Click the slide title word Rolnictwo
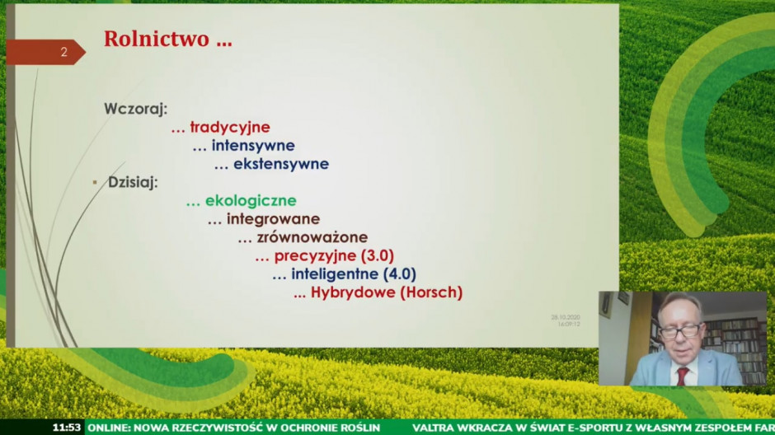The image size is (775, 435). click(157, 39)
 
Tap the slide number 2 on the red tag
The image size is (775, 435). click(63, 52)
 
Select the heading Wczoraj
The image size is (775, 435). click(136, 109)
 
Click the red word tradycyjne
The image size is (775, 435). click(230, 128)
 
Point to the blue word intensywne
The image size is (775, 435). click(253, 146)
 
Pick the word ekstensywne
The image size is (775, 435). click(281, 164)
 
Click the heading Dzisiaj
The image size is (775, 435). click(133, 182)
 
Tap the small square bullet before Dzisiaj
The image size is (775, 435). click(95, 182)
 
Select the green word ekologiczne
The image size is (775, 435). click(251, 200)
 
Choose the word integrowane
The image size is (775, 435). click(274, 218)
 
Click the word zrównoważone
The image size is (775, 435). click(312, 237)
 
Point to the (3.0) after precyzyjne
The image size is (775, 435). click(378, 255)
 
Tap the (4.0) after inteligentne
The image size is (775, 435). click(400, 274)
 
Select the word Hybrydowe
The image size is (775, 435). click(353, 292)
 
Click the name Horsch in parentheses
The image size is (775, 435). click(430, 292)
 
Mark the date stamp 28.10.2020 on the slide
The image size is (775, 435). click(566, 317)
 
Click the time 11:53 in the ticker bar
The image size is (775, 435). click(66, 428)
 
